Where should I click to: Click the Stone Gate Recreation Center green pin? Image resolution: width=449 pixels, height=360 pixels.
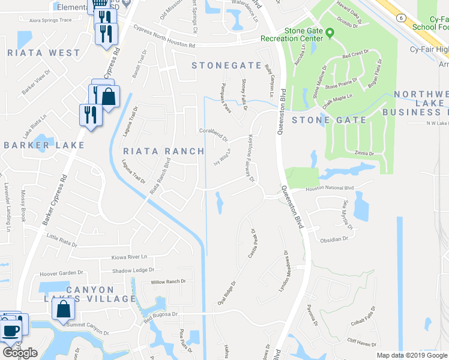coord(330,32)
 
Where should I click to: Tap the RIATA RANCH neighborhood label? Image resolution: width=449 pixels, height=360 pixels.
coord(163,151)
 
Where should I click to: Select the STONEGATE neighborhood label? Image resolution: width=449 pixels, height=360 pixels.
coord(227,65)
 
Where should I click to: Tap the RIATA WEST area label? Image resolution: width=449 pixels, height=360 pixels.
coord(44,53)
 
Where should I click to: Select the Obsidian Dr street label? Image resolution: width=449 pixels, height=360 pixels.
coord(334,239)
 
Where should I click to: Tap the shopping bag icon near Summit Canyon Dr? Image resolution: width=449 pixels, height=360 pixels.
coord(63,309)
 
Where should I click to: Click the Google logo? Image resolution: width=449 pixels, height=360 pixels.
coord(20,352)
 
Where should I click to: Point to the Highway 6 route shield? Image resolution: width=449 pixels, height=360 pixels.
coord(399,19)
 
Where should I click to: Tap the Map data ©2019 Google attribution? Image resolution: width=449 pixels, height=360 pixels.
coord(412,355)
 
